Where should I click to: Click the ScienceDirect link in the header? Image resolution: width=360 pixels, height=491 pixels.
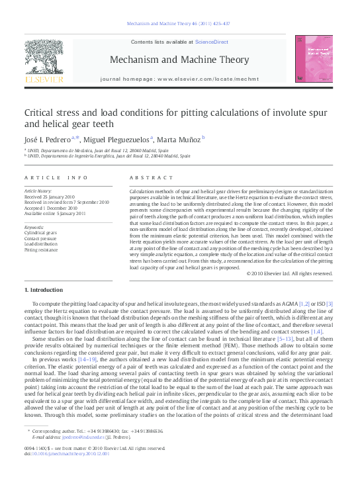[212, 42]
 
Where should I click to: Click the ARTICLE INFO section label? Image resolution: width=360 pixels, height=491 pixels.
[56, 177]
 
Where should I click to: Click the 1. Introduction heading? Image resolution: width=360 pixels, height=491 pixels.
[44, 290]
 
